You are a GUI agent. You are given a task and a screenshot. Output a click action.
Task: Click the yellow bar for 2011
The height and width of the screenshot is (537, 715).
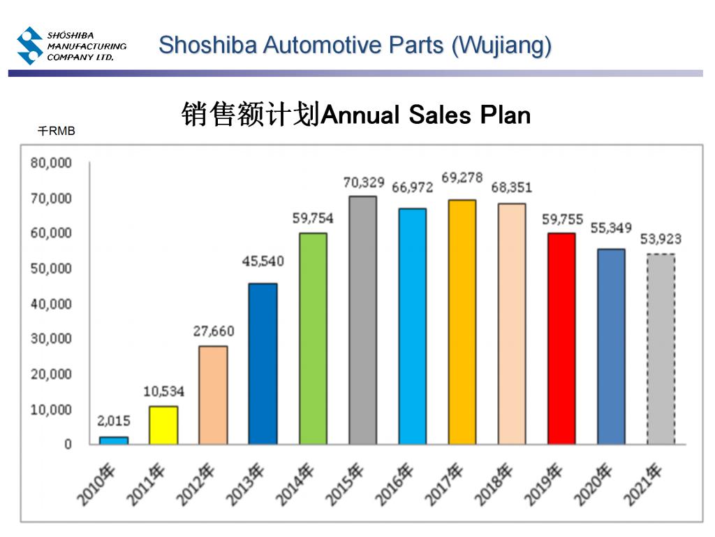tap(163, 424)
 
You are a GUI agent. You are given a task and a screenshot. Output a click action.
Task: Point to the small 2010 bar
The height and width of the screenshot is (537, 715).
tap(113, 440)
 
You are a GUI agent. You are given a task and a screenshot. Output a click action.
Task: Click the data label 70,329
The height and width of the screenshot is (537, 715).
tap(364, 182)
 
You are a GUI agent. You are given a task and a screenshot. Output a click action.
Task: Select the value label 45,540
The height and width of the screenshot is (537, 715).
tap(263, 262)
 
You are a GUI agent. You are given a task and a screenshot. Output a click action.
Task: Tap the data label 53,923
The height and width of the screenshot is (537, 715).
tap(661, 240)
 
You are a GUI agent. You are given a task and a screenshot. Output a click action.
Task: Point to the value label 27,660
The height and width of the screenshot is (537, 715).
tap(214, 331)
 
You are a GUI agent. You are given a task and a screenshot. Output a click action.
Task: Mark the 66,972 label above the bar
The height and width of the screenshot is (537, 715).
tap(412, 187)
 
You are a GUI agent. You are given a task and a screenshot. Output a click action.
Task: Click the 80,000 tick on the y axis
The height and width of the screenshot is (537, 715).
tap(51, 163)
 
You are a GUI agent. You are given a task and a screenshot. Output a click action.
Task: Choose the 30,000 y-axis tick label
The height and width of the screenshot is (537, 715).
tap(51, 338)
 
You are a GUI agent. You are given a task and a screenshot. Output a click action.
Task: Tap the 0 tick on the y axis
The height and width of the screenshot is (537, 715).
tap(68, 445)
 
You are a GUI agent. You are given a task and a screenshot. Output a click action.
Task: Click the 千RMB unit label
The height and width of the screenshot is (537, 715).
tap(57, 131)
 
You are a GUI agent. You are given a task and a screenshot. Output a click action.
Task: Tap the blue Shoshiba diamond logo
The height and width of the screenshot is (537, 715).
tap(30, 45)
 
